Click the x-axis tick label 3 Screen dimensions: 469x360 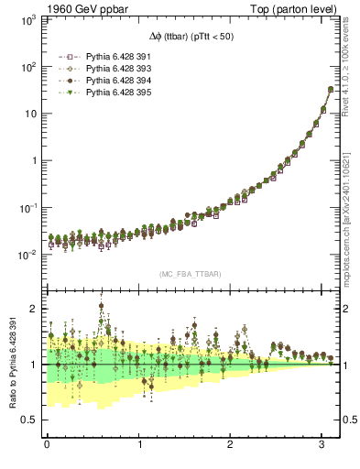[325, 446]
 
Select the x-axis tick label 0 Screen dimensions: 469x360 [47, 446]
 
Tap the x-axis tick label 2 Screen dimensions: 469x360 [233, 446]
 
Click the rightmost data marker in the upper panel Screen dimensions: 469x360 [331, 90]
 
